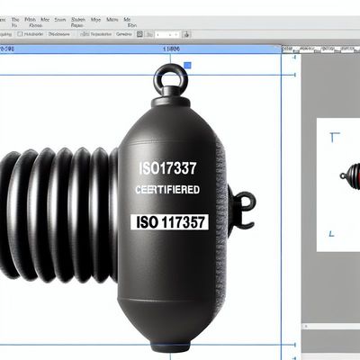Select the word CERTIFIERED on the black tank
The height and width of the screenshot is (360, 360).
[x=166, y=191]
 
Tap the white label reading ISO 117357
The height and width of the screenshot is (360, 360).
[x=170, y=221]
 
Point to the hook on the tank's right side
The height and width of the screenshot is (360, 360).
[x=241, y=205]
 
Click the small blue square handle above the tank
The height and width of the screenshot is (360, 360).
[x=188, y=66]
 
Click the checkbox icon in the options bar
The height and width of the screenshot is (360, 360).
[x=139, y=34]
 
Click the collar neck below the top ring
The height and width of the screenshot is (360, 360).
[x=170, y=99]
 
